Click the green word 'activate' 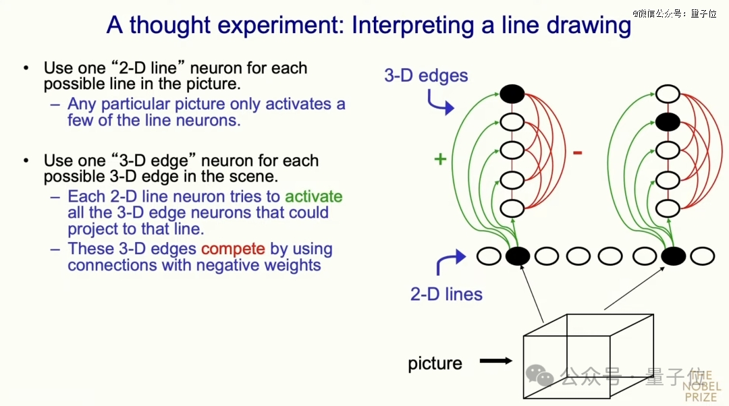313,196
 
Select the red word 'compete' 233,249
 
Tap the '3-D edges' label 426,76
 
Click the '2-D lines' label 446,294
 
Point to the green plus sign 440,159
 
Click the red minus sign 577,152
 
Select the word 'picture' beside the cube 435,364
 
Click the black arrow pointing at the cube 495,361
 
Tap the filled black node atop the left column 512,94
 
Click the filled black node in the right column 668,122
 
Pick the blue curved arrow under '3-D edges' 439,103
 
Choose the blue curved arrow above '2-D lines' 450,261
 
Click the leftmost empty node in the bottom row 489,256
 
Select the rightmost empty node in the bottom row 702,256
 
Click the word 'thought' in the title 169,25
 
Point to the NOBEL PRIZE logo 701,386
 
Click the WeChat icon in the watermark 539,374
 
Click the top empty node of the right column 668,94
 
